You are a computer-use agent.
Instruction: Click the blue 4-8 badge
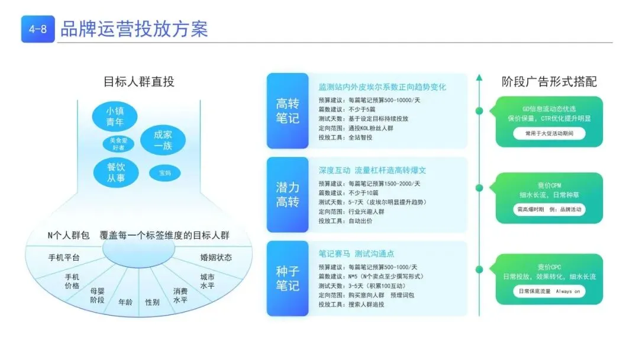point(38,29)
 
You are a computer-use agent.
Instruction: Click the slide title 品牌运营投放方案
point(134,29)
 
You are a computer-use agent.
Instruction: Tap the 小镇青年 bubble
point(114,117)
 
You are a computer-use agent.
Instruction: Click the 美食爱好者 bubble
point(118,143)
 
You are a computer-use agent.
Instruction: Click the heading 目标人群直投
point(139,82)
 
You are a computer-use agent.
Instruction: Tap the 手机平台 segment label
point(64,258)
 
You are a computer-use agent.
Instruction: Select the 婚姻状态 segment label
point(216,258)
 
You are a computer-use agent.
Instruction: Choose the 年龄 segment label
point(125,301)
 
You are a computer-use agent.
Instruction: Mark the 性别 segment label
point(152,302)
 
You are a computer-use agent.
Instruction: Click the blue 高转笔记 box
point(288,111)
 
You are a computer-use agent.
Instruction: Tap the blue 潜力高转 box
point(288,195)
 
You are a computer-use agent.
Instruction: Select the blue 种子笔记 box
point(288,278)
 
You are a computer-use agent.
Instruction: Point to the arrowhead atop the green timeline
point(479,78)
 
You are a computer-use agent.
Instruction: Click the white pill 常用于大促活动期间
point(549,134)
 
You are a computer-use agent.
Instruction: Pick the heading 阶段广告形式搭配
point(549,82)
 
